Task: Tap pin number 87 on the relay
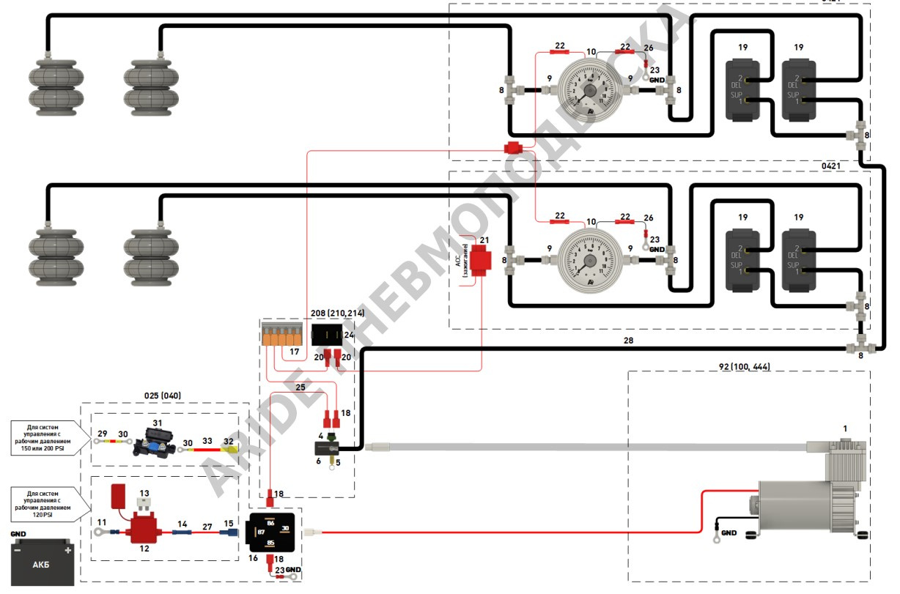coord(261,532)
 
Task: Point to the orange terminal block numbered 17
coord(281,336)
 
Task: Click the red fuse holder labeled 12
coord(138,530)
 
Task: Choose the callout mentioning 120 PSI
coord(50,502)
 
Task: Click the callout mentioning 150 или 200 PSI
coord(50,438)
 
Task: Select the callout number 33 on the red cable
coord(207,441)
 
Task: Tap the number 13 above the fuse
coord(144,493)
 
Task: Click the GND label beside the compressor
coord(729,532)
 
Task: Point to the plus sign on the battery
coord(68,549)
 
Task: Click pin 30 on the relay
coord(285,528)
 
